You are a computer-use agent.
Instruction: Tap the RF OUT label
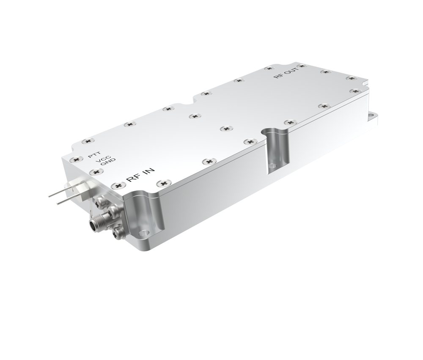286,73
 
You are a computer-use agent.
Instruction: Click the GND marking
108,161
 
